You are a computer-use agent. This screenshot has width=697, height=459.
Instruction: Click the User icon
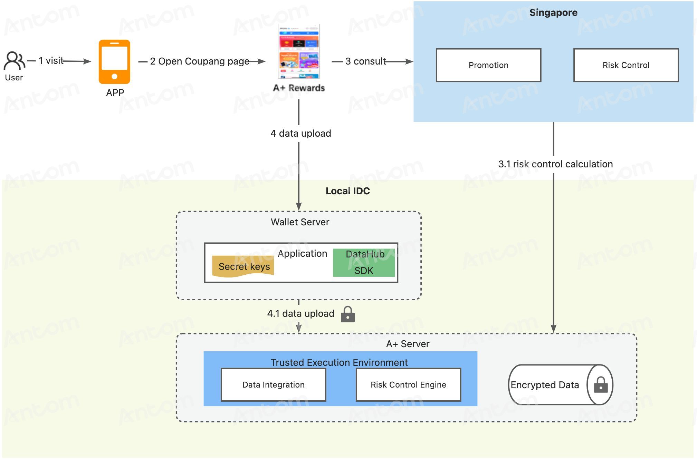pos(14,61)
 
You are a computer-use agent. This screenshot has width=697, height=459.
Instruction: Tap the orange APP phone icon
pos(114,62)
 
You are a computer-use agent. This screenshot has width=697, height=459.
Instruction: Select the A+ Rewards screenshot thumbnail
pos(299,51)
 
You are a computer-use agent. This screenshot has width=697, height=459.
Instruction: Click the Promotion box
pos(488,65)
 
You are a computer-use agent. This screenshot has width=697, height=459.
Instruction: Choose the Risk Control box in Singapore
pos(626,65)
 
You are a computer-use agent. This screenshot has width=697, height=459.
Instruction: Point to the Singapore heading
pos(553,13)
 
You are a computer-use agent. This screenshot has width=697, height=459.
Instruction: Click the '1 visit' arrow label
pos(51,61)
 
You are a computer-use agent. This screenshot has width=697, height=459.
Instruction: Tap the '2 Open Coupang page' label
pos(200,61)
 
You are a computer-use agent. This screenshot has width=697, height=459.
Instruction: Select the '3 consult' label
pos(365,61)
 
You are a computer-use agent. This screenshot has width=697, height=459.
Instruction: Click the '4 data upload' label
pos(301,134)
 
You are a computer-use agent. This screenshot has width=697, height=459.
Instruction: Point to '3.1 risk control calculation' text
pos(555,164)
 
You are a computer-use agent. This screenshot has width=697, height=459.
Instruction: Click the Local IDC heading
pos(348,191)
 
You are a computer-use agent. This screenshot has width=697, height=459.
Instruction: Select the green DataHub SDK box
pos(364,263)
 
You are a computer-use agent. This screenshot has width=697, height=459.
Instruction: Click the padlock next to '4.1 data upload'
pos(348,314)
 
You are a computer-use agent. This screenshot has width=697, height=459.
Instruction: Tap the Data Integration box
pos(274,385)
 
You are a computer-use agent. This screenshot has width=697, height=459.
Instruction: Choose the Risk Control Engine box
pos(408,385)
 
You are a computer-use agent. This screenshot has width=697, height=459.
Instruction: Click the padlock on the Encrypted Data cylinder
pos(601,385)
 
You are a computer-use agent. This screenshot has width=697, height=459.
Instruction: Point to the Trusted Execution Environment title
pos(339,362)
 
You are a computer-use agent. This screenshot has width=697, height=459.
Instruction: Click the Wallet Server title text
pos(300,222)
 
